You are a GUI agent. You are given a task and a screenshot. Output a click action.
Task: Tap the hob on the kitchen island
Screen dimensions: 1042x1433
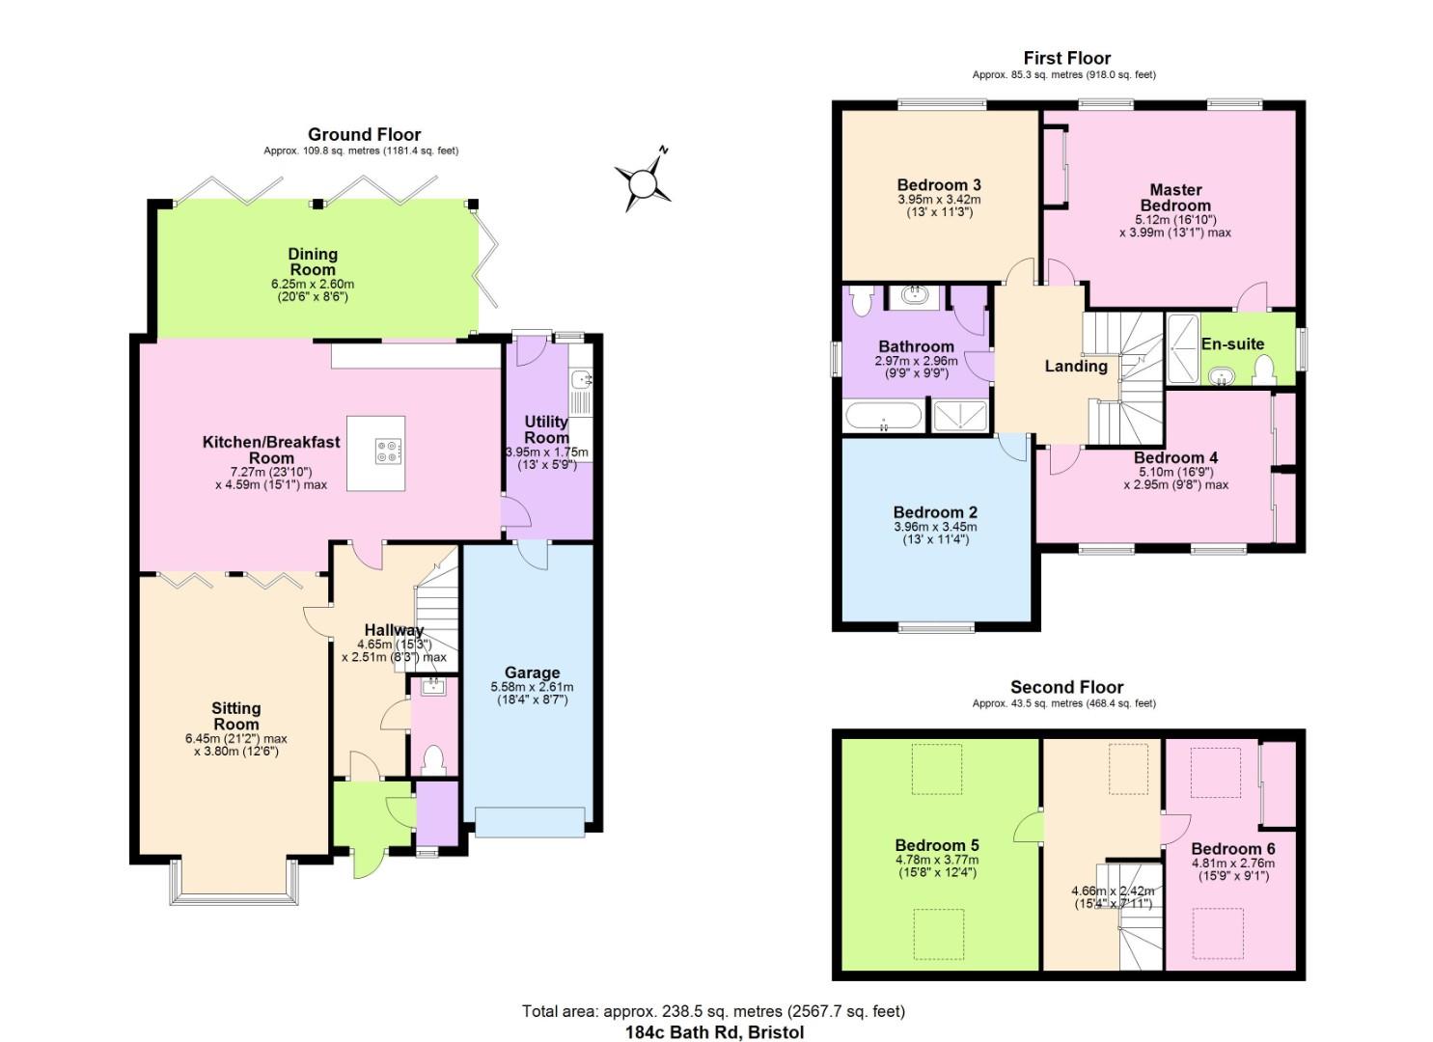pyautogui.click(x=389, y=452)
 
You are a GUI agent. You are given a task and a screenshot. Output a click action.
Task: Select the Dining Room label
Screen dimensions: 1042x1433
pyautogui.click(x=313, y=261)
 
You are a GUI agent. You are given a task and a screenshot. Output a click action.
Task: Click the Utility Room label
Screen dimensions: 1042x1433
pyautogui.click(x=546, y=429)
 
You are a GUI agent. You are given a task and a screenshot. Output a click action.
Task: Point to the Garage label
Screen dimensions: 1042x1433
pyautogui.click(x=532, y=672)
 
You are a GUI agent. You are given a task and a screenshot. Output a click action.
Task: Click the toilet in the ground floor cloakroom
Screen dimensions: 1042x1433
pyautogui.click(x=433, y=759)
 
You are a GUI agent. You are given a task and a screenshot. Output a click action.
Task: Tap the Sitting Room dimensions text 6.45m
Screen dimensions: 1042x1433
pyautogui.click(x=236, y=738)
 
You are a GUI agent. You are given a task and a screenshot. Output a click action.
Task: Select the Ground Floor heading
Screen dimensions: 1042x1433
pyautogui.click(x=364, y=134)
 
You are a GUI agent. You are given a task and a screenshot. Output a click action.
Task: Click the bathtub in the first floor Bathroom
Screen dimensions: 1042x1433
pyautogui.click(x=883, y=416)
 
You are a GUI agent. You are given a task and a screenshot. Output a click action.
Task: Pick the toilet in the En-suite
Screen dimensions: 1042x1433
pyautogui.click(x=1261, y=369)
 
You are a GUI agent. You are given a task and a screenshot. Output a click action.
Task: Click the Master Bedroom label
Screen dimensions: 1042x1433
pyautogui.click(x=1175, y=198)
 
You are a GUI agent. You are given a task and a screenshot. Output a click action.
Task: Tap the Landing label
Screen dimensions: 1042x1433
pyautogui.click(x=1076, y=366)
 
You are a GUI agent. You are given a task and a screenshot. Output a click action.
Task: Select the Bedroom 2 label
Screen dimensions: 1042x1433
pyautogui.click(x=934, y=512)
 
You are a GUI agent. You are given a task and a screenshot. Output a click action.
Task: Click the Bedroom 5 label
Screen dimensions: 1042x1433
pyautogui.click(x=936, y=845)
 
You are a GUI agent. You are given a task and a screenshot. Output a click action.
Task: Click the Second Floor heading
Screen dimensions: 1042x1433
pyautogui.click(x=1066, y=687)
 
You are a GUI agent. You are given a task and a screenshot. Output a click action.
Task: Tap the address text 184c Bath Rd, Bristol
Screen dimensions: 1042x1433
pyautogui.click(x=714, y=1032)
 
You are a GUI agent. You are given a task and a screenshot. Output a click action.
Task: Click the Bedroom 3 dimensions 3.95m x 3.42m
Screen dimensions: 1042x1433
pyautogui.click(x=939, y=200)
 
